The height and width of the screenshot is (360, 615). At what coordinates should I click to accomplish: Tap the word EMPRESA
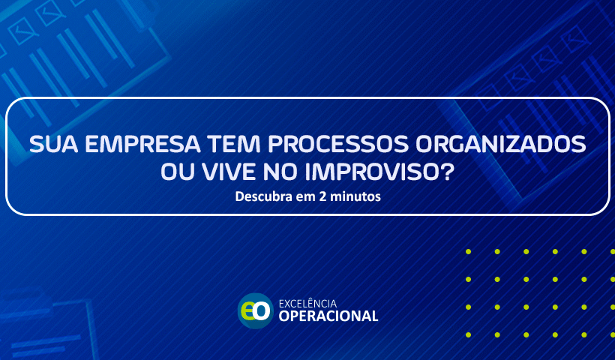(142, 144)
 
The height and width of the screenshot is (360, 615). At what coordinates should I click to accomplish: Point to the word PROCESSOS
(338, 144)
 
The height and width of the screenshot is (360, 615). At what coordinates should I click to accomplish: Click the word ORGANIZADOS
(501, 144)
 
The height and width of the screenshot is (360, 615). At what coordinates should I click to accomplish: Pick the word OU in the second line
(178, 172)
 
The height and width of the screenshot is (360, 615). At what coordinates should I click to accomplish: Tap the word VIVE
(229, 172)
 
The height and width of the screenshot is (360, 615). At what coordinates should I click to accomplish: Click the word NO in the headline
(280, 172)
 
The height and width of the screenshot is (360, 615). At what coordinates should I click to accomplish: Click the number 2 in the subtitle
(322, 196)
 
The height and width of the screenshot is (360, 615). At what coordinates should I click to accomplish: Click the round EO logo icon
(256, 311)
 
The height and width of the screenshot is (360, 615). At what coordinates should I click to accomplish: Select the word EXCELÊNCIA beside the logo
(308, 304)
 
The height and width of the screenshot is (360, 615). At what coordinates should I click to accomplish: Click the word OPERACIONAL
(328, 316)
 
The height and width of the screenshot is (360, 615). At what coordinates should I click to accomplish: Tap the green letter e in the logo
(247, 312)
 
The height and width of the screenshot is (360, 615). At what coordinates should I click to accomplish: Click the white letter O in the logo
(262, 311)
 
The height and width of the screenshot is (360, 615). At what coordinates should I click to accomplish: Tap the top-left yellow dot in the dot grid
(468, 252)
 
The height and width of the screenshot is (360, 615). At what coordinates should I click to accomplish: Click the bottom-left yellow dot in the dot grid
(468, 335)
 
